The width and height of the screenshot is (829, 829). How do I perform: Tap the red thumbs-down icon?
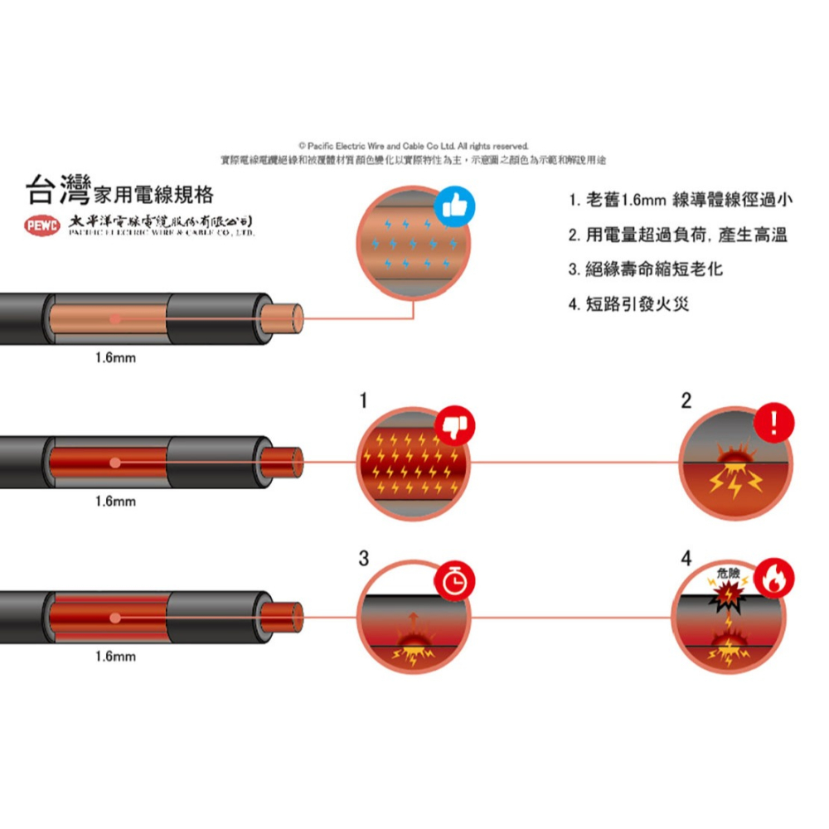coord(452,424)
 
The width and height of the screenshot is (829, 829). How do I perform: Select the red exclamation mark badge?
coord(773,424)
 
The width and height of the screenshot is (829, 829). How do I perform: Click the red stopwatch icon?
coord(452,581)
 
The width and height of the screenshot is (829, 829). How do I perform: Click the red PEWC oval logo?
coord(41,225)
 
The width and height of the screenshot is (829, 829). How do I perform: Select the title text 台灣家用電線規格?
coord(120,192)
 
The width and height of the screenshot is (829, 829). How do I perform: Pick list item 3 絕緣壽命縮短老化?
coord(646,269)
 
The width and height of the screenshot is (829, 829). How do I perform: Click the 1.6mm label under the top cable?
coord(115,359)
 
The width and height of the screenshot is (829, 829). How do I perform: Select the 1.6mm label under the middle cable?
coord(115,502)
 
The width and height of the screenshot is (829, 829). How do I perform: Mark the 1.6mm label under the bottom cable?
coord(115,657)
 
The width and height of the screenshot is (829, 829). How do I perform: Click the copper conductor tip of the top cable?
coord(287,318)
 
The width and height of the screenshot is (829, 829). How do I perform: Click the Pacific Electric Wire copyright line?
coord(414,146)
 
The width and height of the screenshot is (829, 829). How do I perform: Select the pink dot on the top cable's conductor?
coord(115,318)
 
